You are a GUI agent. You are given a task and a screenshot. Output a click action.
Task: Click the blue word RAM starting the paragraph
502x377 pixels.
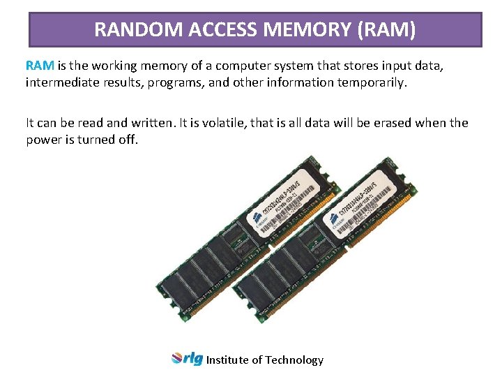[x=40, y=66]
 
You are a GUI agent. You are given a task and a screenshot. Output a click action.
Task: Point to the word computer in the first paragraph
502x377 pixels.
[x=242, y=66]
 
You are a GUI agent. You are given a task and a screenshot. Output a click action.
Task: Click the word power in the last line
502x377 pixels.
[x=45, y=140]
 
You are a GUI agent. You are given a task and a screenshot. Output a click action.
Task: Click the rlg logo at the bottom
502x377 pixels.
[x=187, y=359]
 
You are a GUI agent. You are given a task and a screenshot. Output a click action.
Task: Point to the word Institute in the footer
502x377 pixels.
[x=227, y=360]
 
